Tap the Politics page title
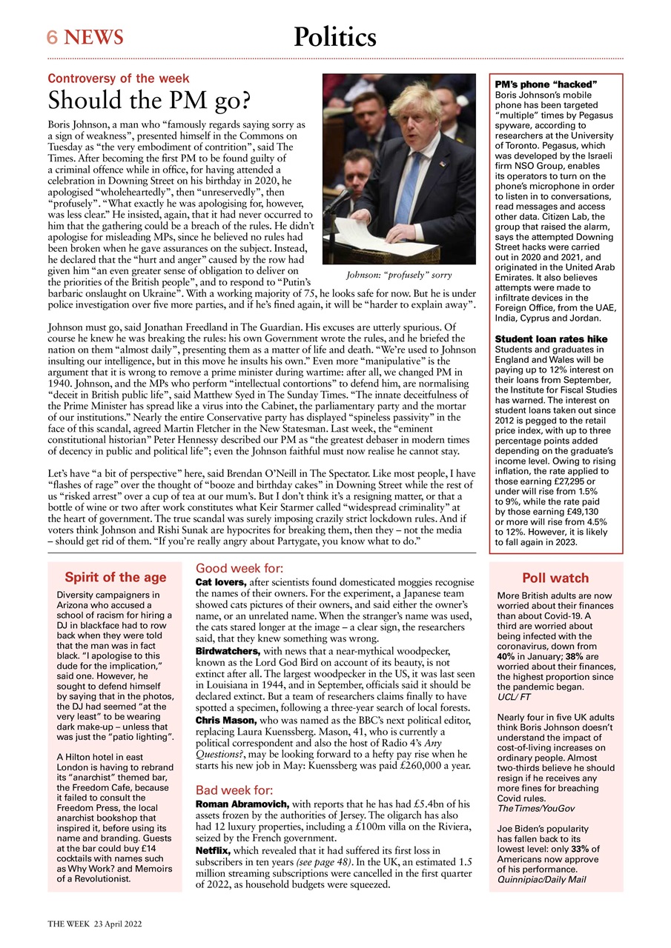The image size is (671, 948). click(x=334, y=36)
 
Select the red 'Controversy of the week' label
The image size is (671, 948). click(x=119, y=78)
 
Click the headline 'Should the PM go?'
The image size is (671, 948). click(x=148, y=100)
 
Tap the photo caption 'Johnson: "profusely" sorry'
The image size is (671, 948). click(x=399, y=275)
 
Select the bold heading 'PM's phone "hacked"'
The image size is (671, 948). click(x=546, y=85)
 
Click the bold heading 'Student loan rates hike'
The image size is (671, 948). click(x=551, y=339)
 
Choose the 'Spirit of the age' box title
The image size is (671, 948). click(x=115, y=578)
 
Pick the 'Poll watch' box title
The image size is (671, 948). click(x=555, y=578)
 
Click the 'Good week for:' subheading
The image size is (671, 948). click(x=239, y=569)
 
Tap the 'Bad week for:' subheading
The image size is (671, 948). click(x=234, y=790)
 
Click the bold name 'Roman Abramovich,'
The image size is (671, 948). click(x=242, y=804)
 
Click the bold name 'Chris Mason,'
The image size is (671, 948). click(x=225, y=720)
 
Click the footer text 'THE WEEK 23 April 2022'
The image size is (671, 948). click(x=95, y=924)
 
